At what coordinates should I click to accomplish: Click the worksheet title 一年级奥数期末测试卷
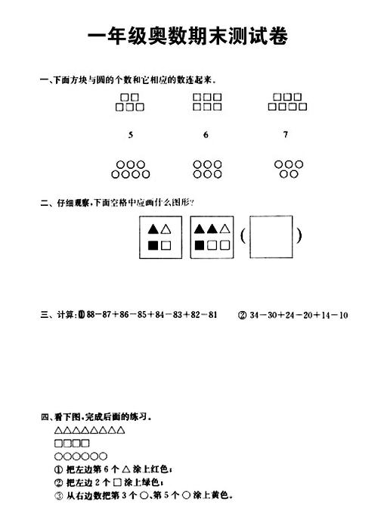(188, 36)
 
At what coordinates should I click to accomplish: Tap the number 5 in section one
(131, 135)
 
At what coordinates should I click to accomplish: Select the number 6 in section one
(206, 135)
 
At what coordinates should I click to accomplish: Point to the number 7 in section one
(286, 134)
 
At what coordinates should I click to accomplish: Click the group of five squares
(130, 102)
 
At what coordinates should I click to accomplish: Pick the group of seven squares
(287, 101)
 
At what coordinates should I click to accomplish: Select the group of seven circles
(131, 170)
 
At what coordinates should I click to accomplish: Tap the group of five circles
(289, 169)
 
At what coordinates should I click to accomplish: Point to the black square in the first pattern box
(153, 245)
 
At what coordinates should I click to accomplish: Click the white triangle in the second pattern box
(225, 229)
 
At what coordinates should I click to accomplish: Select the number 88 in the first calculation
(91, 315)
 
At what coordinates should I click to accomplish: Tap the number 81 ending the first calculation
(212, 315)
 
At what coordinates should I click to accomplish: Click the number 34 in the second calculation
(254, 315)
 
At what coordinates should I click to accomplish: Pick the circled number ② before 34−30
(242, 315)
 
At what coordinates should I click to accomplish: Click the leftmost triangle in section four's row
(59, 430)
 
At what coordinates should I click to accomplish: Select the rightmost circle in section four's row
(103, 456)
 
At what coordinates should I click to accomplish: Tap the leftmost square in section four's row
(59, 443)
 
